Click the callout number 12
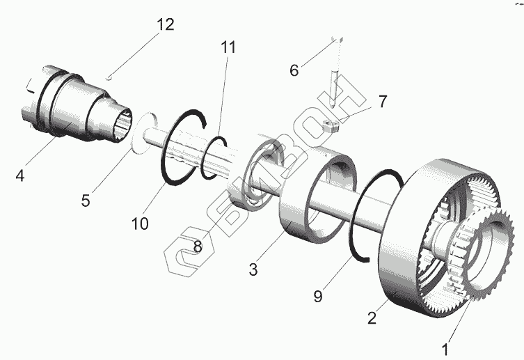pyautogui.click(x=164, y=25)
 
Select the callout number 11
pyautogui.click(x=228, y=48)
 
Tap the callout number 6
pyautogui.click(x=294, y=70)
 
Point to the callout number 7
pyautogui.click(x=382, y=102)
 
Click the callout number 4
pyautogui.click(x=19, y=177)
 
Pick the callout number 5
pyautogui.click(x=85, y=201)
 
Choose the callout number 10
pyautogui.click(x=139, y=224)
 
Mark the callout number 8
pyautogui.click(x=198, y=246)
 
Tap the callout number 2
pyautogui.click(x=373, y=318)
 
